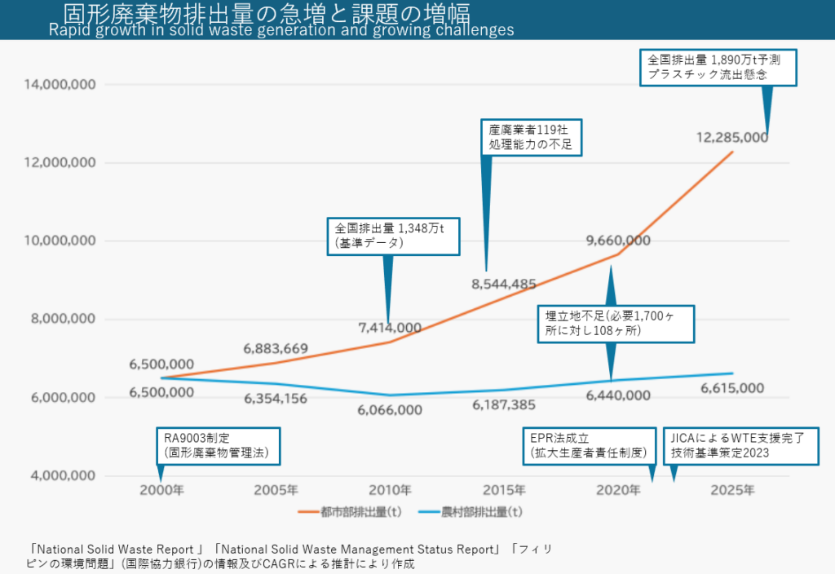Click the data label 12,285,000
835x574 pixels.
[732, 137]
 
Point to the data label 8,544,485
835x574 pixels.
[503, 285]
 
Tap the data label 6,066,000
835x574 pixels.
[390, 409]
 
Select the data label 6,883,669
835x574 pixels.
[276, 349]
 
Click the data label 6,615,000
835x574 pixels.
[732, 388]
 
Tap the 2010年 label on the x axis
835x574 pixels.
[390, 491]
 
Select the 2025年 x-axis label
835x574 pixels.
[732, 491]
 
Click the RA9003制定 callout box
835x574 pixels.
[218, 445]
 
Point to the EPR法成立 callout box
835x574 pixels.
[589, 445]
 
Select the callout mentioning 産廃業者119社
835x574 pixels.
[532, 136]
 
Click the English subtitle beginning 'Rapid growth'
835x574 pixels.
[281, 30]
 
